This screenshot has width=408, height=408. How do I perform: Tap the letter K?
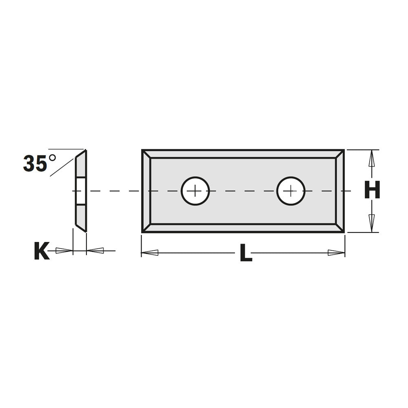[x=41, y=251]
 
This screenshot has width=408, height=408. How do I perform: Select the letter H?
[x=372, y=191]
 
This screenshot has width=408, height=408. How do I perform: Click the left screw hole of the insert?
[x=195, y=191]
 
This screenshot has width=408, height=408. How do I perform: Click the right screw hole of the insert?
[x=290, y=191]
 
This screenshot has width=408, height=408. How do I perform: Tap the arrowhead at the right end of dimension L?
[x=337, y=253]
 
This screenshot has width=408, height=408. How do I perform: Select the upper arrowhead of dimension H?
[x=371, y=158]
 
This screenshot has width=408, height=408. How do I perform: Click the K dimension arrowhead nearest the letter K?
[x=64, y=251]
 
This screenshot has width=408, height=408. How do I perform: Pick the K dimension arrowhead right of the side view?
[x=95, y=251]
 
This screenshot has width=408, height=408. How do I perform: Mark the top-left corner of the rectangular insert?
[x=143, y=151]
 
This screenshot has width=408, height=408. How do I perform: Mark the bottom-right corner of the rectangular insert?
[x=344, y=232]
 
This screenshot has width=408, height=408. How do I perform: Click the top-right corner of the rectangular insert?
[x=344, y=151]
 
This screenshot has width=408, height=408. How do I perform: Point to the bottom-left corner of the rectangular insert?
[x=143, y=232]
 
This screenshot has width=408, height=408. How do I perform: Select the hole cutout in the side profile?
[x=81, y=191]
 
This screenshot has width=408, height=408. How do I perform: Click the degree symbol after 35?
[x=52, y=157]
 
